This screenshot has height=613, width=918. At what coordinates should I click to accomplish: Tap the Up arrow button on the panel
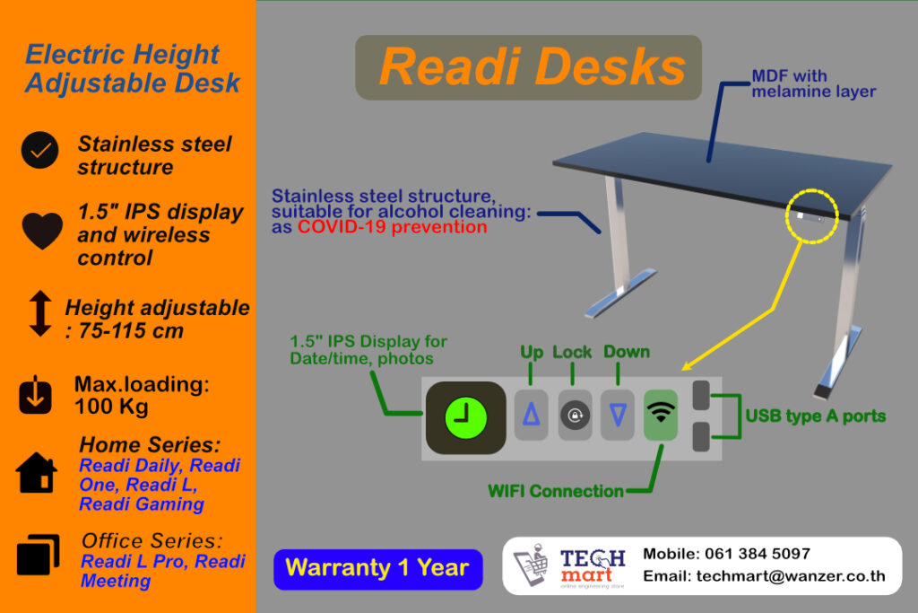(531, 414)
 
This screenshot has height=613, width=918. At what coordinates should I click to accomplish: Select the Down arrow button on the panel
(617, 414)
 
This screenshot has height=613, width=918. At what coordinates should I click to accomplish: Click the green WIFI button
(661, 414)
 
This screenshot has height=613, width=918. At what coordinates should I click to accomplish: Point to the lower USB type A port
(703, 436)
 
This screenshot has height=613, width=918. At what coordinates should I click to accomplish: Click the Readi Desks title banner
(529, 68)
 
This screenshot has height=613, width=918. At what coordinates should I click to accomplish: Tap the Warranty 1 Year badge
(377, 569)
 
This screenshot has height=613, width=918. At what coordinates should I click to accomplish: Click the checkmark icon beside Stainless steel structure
(39, 151)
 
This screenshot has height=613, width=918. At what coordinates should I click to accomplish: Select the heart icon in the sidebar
(41, 232)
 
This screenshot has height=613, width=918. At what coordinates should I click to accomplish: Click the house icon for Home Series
(37, 473)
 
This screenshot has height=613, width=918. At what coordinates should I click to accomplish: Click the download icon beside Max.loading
(36, 396)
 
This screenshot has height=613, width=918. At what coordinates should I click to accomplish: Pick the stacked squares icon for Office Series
(38, 556)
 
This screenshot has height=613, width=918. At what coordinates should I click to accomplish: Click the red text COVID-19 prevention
(393, 227)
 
